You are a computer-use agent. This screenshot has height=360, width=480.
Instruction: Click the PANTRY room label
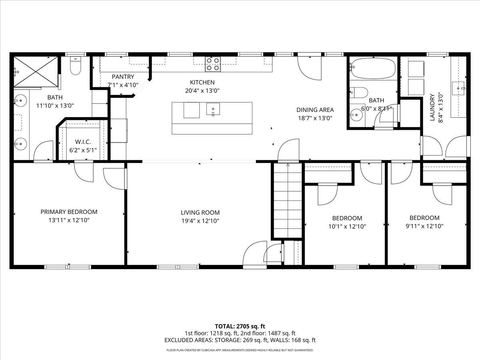[123, 77]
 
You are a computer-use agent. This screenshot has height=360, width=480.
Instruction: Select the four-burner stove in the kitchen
[213, 64]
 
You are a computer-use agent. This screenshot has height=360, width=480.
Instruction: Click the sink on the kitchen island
[213, 109]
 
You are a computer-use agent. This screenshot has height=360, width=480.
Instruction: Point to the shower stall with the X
[36, 71]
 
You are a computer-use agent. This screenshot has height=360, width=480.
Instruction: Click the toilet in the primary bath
[76, 66]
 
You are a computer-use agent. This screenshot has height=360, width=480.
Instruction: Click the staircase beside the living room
[287, 200]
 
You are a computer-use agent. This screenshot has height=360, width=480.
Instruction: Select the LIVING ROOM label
[200, 213]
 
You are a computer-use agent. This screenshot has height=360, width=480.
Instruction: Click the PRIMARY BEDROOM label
[69, 212]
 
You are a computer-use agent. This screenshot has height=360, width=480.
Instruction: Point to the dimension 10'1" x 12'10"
[347, 226]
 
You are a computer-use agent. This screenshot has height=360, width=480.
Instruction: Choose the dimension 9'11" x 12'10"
[424, 226]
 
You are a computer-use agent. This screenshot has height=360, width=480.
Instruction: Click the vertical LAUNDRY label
[432, 107]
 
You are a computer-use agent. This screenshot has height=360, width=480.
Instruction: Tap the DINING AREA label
[315, 110]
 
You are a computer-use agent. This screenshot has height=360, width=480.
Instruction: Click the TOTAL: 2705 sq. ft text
[240, 326]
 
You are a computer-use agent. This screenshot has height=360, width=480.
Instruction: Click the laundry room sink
[459, 87]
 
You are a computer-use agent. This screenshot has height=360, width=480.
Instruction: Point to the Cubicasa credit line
[240, 350]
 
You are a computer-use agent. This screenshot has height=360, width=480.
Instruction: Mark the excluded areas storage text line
[240, 340]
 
